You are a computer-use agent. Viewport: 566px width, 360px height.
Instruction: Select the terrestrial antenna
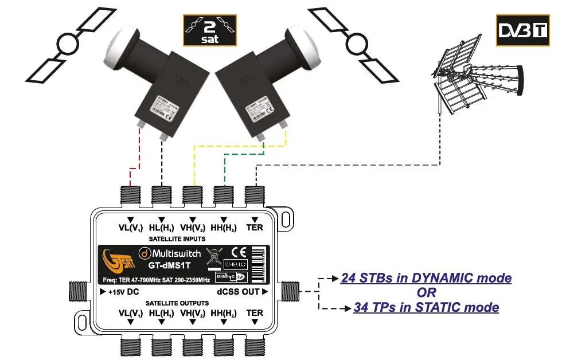coord(479,77)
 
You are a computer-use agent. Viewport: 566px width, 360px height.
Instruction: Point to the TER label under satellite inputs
coord(255,228)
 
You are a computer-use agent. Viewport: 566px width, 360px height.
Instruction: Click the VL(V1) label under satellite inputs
coord(131,228)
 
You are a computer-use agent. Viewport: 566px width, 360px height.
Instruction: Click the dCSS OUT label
coord(243,292)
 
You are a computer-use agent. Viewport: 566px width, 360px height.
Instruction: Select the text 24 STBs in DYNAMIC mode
coord(426,279)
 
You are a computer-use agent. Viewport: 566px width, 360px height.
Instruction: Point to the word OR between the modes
coord(427,293)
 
